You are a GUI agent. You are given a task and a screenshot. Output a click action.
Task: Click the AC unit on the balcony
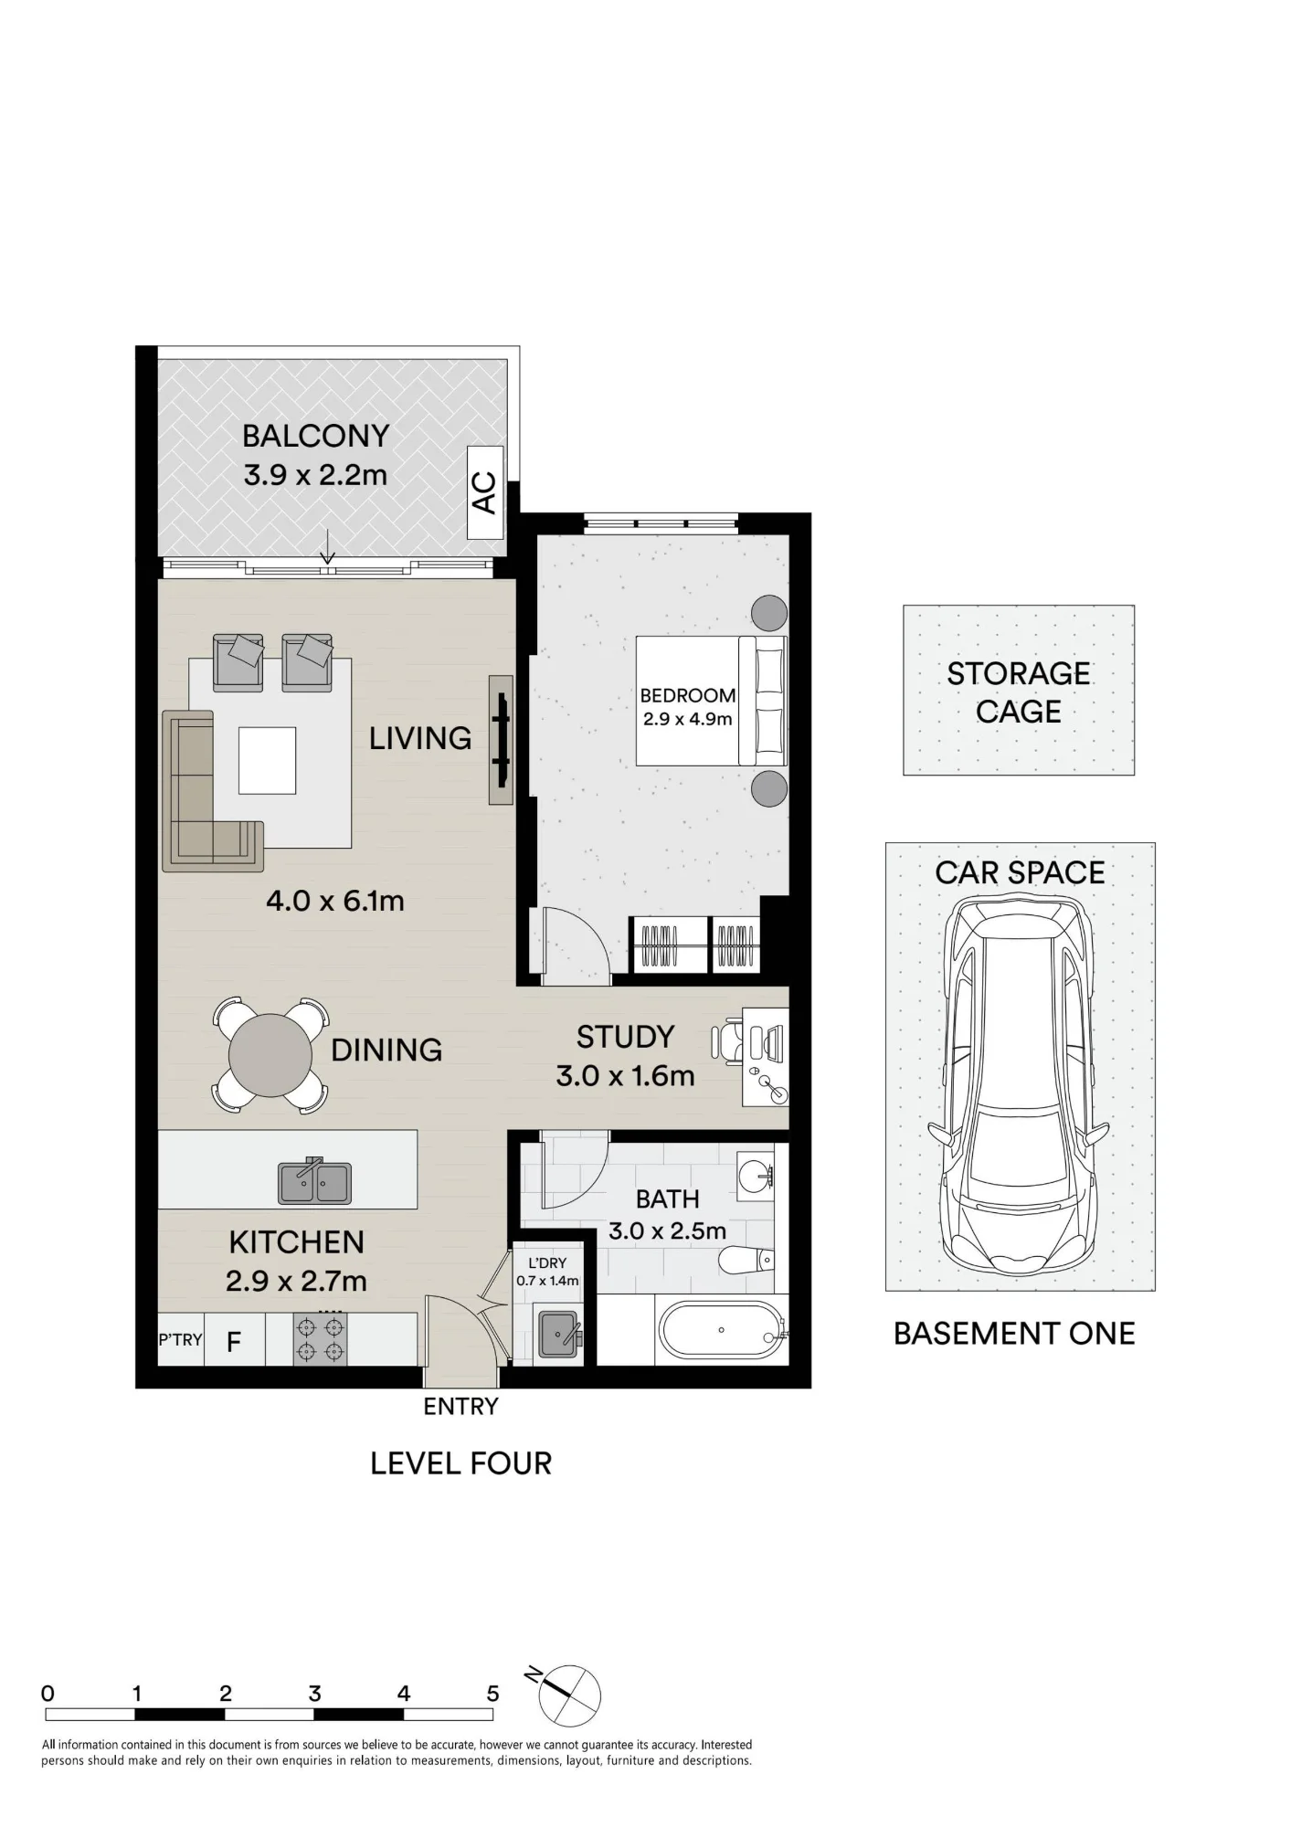485,492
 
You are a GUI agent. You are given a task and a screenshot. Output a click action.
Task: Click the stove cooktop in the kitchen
320,1339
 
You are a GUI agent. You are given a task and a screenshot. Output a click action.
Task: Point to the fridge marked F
234,1340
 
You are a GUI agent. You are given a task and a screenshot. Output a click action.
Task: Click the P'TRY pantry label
180,1339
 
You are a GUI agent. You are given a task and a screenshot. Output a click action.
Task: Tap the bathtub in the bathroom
722,1330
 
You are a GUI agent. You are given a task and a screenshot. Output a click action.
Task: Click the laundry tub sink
558,1336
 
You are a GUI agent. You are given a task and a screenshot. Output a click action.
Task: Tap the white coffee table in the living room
268,760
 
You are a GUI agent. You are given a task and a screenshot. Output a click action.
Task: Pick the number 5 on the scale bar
492,1694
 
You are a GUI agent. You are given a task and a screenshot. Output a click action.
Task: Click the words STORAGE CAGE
1019,692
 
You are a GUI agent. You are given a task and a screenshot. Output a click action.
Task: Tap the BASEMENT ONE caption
1014,1334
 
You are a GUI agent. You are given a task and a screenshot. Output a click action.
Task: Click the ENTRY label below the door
461,1407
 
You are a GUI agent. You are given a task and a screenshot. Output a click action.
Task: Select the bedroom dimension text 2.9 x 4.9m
688,719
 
